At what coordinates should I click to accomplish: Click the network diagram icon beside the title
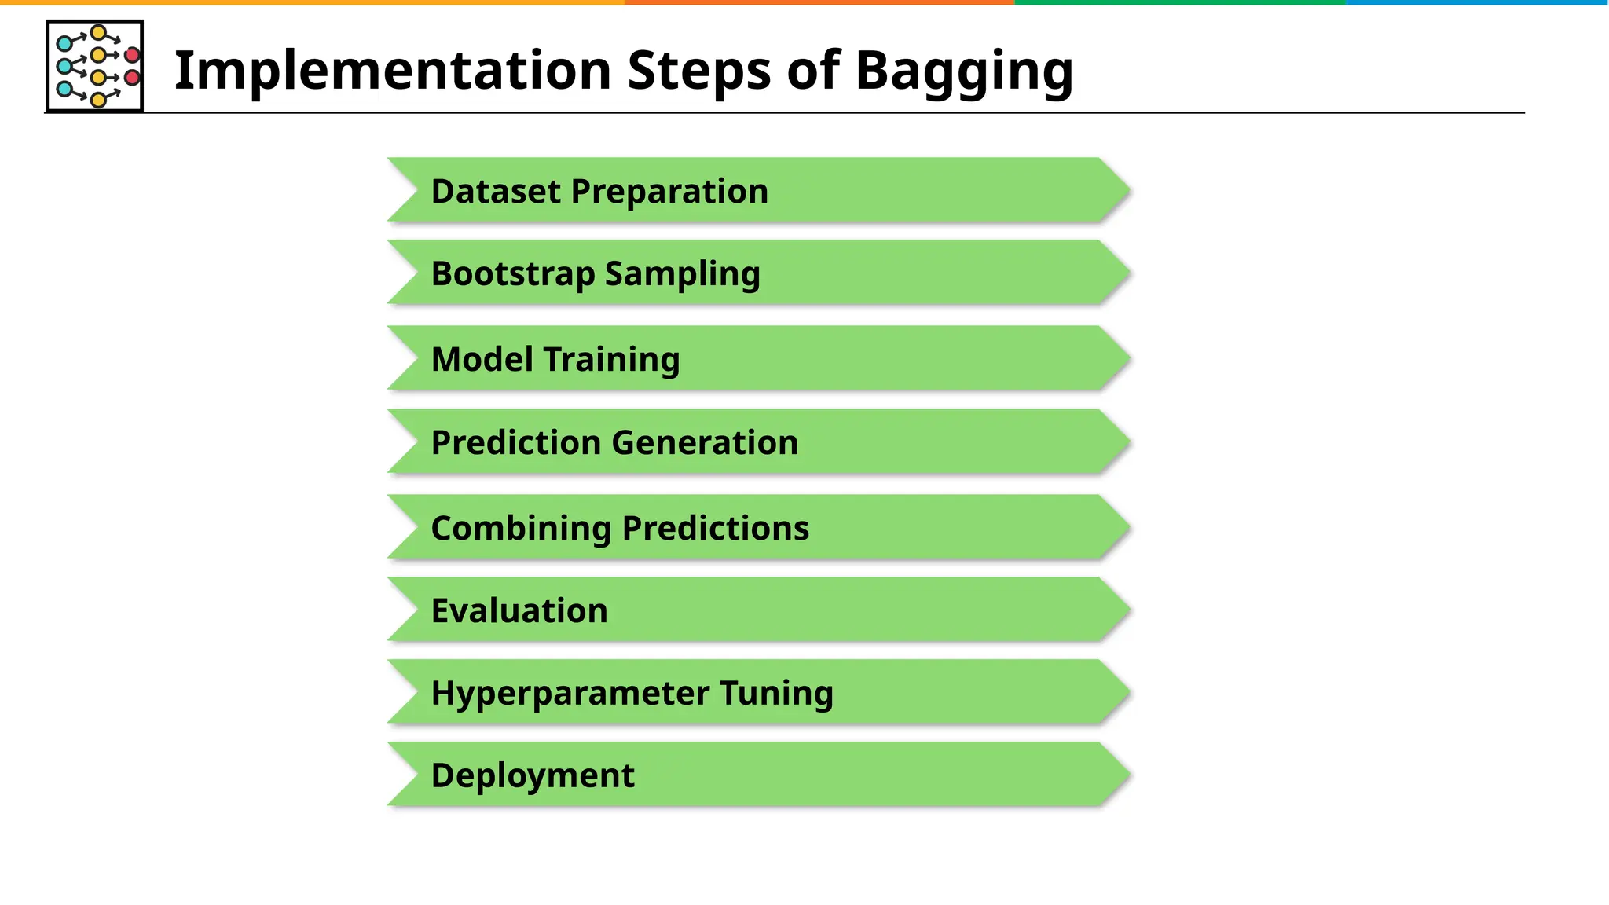point(95,66)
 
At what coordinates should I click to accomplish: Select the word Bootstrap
point(513,274)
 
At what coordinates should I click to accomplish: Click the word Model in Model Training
point(482,359)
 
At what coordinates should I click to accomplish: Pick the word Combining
point(521,529)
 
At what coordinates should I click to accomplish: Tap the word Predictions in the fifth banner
point(715,528)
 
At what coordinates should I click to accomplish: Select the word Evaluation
point(519,610)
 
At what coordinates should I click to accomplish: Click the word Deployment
point(533,776)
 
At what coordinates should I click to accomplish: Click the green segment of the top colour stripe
point(1178,2)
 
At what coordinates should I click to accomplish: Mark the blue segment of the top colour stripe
point(1477,2)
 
